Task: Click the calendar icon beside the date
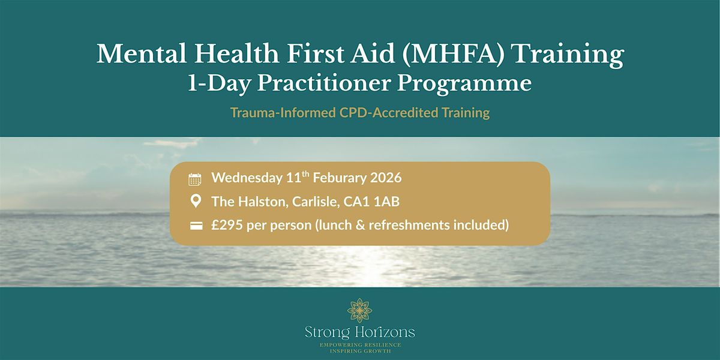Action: [195, 179]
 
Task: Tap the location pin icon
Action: [195, 202]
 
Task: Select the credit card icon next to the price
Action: [195, 226]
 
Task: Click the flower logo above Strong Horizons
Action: [360, 311]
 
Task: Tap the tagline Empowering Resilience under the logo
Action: [360, 344]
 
